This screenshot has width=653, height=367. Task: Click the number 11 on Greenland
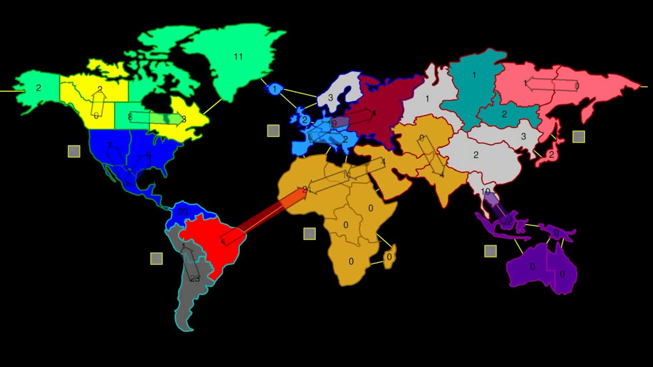pos(238,57)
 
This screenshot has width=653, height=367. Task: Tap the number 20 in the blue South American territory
pos(183,212)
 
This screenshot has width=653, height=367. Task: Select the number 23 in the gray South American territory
pos(195,278)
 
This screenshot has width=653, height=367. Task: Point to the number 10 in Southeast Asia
pos(485,192)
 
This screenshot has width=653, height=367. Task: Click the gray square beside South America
pos(157,258)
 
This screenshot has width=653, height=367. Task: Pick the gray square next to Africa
pos(310,234)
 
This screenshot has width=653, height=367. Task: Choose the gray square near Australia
pos(490,251)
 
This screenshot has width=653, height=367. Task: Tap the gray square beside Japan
pos(579,137)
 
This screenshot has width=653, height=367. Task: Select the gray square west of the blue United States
pos(74,151)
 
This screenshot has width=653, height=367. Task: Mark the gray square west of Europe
pos(273,131)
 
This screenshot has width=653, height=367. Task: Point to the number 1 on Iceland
pos(274,89)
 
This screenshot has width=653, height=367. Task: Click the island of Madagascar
pos(389,257)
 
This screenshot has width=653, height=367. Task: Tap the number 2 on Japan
pos(551,154)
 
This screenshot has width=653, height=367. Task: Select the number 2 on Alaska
pos(38,88)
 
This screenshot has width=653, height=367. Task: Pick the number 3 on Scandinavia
pos(331,97)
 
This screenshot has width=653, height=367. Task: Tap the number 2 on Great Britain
pos(305,120)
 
